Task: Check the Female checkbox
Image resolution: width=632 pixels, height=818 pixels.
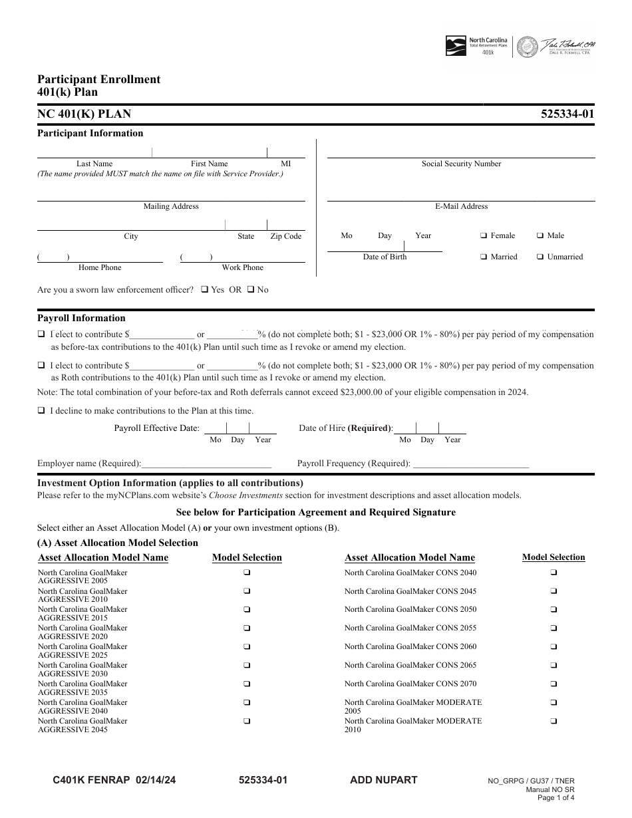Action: pos(484,236)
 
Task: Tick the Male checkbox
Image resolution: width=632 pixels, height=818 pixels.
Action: pos(540,236)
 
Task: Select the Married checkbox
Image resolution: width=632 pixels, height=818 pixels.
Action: pos(484,257)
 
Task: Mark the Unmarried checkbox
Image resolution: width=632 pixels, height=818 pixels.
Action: pos(540,257)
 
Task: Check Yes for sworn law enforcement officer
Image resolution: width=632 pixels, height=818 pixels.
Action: pos(205,290)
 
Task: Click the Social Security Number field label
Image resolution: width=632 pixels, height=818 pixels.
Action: pos(461,164)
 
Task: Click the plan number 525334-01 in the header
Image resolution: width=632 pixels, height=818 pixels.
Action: pos(569,114)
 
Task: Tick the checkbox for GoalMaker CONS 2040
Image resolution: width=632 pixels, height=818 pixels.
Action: pos(553,573)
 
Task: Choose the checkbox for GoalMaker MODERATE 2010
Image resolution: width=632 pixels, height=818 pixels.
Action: pos(553,721)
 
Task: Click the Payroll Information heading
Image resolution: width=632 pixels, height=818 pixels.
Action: pos(81,319)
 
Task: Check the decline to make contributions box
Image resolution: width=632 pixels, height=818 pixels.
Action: pos(41,411)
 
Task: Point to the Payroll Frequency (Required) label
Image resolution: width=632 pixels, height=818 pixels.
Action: pos(353,464)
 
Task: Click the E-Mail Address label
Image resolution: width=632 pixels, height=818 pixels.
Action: pos(461,207)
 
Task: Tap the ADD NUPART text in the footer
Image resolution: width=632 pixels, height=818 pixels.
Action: pos(383,780)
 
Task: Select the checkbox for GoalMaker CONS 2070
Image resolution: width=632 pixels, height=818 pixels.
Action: pos(553,684)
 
